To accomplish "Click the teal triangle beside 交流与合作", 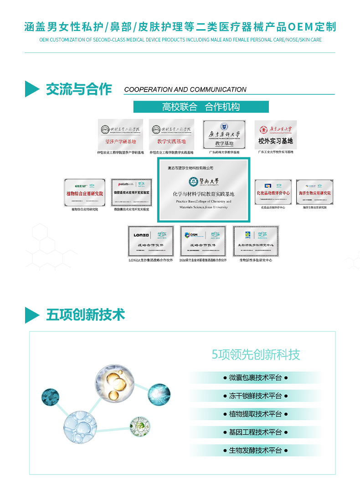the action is (32, 89).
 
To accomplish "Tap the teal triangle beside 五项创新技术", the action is (32, 315).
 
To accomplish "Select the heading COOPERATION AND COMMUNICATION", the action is (185, 90).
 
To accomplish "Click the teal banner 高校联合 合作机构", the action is (201, 107).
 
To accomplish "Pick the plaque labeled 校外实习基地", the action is (275, 134).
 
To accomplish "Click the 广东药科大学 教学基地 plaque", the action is (224, 134).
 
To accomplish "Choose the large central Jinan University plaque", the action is (203, 190).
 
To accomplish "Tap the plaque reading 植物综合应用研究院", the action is (85, 192).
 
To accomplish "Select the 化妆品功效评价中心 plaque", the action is (273, 192).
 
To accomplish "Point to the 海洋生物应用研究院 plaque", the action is (314, 192).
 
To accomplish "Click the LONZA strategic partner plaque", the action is (150, 241).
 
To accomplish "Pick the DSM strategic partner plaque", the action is (203, 241).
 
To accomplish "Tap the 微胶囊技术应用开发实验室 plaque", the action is (131, 192).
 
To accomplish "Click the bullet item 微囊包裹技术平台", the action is (255, 378).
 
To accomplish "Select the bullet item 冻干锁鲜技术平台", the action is (255, 396).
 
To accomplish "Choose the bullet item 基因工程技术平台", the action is (255, 432).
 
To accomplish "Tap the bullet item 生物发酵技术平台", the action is (255, 450).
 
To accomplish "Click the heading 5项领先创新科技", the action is (256, 355).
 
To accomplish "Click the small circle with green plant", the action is (139, 425).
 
